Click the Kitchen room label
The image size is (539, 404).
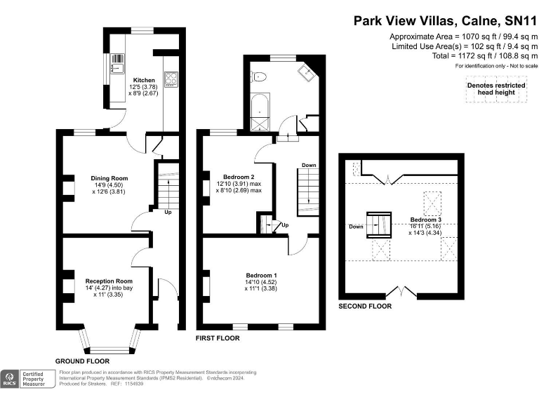click(144, 80)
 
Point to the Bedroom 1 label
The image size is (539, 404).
click(261, 274)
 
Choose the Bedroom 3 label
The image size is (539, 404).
click(425, 220)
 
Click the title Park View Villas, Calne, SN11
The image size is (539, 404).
click(446, 21)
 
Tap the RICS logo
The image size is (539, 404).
click(10, 379)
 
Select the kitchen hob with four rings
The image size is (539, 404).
click(171, 79)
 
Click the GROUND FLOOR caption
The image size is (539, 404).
click(82, 361)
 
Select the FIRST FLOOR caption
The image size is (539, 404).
click(218, 338)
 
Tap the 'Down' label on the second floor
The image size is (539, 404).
click(355, 227)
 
